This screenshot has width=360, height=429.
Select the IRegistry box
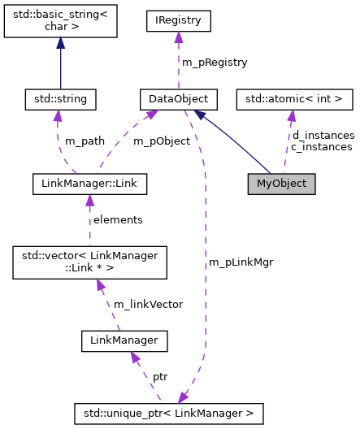(177, 20)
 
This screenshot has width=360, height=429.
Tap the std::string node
(61, 99)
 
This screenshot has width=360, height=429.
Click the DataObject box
(173, 99)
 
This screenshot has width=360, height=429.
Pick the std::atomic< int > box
(294, 99)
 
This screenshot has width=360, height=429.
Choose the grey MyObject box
(281, 183)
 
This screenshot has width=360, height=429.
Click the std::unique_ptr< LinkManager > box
(169, 414)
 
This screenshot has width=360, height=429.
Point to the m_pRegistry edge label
(215, 62)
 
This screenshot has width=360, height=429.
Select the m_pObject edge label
(161, 141)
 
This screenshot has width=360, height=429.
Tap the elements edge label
(118, 219)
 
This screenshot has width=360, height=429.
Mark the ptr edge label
(160, 378)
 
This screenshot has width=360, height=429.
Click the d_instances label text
(323, 135)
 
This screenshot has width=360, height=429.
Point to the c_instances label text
(322, 146)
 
